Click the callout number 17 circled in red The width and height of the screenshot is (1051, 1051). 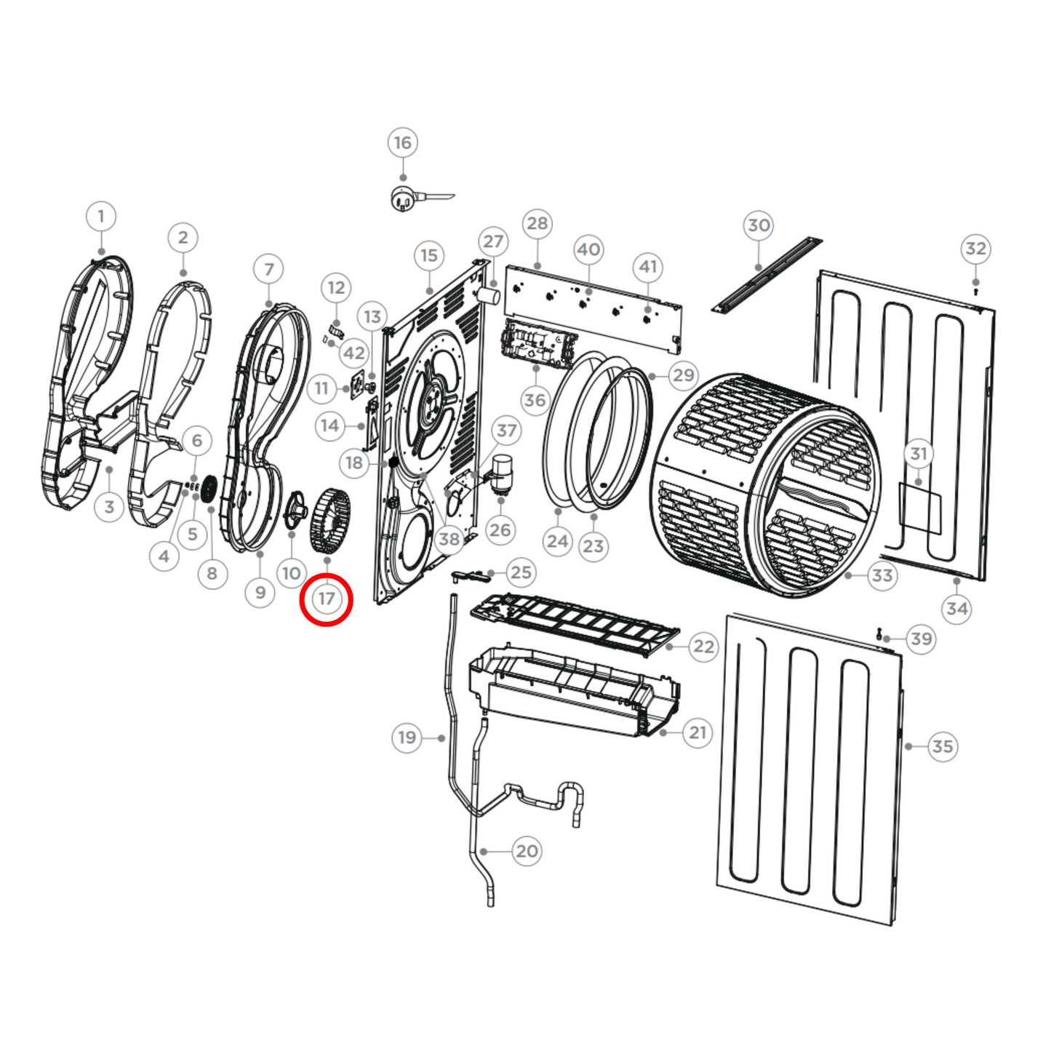point(327,599)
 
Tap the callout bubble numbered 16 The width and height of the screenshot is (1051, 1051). point(403,143)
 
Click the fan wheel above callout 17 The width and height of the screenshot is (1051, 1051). point(329,520)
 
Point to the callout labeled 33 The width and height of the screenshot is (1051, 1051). point(882,575)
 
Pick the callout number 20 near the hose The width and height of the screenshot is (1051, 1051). point(527,851)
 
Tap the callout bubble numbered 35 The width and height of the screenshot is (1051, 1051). point(942,746)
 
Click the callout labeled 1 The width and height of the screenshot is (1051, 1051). point(101,216)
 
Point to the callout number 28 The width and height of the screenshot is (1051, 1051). point(537,223)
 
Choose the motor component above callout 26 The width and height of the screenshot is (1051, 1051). point(500,471)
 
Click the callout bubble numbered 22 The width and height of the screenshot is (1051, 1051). point(703,647)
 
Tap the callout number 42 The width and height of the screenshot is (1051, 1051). point(354,353)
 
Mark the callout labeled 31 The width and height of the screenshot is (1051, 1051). point(919,454)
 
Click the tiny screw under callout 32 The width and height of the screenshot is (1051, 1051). point(975,291)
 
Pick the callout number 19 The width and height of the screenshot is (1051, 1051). point(407,738)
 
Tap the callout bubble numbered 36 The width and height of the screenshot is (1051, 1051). point(535,400)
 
